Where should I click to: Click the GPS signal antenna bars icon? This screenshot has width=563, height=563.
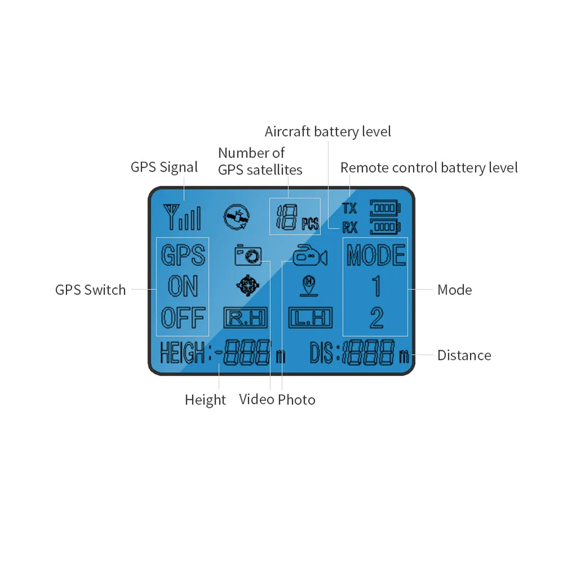pos(181,216)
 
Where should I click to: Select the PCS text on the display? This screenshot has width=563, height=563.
pos(310,224)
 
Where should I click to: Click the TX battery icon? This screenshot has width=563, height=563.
pos(385,208)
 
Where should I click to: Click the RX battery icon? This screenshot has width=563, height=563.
pos(385,227)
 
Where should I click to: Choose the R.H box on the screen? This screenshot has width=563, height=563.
pos(245,318)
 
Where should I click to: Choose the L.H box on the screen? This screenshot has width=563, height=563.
pos(310,318)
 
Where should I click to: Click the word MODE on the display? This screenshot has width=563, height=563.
pos(376,255)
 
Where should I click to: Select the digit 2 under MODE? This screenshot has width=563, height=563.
pos(376,319)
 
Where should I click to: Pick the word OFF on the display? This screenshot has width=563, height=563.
pos(182,319)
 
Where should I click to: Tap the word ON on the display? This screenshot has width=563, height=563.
pos(182,287)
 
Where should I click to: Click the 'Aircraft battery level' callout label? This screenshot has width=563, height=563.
pos(328,132)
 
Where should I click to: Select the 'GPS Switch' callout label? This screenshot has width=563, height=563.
pos(90,290)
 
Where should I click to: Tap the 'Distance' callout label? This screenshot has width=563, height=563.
pos(464,355)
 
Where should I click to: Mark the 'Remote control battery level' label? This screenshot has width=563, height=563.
pos(429,168)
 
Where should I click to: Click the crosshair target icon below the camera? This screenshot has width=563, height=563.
pos(247,286)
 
